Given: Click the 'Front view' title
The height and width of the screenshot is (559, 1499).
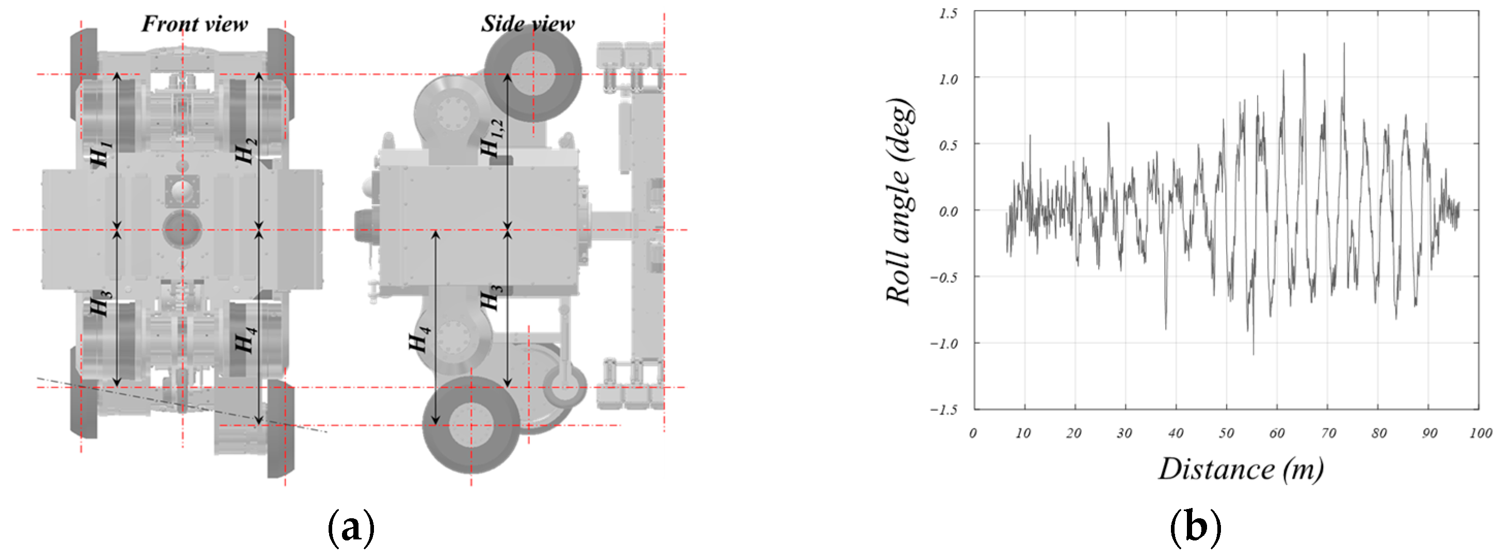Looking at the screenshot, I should tap(194, 24).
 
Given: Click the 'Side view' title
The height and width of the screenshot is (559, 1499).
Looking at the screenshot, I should tap(527, 24).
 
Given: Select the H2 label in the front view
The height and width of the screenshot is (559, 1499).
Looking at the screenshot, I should tap(246, 150).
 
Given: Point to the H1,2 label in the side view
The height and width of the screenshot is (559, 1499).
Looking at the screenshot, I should tap(492, 138).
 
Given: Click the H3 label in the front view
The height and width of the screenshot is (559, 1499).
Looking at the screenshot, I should tap(101, 303).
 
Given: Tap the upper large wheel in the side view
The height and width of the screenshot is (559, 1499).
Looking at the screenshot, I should tap(532, 74).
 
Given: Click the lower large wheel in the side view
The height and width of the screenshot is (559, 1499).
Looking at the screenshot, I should tap(471, 424).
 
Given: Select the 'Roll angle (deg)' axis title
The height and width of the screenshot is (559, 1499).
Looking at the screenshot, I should tap(899, 201).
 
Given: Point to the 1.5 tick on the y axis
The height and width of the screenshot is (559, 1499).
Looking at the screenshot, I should tap(948, 13).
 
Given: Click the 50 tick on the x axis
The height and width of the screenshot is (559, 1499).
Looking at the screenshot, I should tap(1226, 433).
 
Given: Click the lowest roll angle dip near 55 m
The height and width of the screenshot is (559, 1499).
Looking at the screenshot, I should tap(1253, 354).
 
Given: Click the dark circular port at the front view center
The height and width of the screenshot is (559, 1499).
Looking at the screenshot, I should tap(182, 229).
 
